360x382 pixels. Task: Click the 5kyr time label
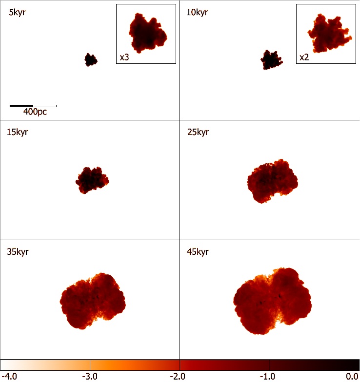click(x=17, y=12)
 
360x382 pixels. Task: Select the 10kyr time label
click(x=197, y=12)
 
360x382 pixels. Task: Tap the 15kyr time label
click(x=18, y=132)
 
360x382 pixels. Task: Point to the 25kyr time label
click(x=198, y=132)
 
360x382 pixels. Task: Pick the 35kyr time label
click(x=18, y=251)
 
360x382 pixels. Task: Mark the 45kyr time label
click(x=198, y=251)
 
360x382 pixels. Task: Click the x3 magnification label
click(x=124, y=57)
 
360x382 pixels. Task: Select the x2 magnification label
click(x=304, y=57)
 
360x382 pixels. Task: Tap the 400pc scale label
click(x=35, y=112)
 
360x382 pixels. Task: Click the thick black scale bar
click(x=21, y=106)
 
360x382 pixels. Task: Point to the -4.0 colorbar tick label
click(x=9, y=377)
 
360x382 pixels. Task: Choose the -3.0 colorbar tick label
click(x=90, y=377)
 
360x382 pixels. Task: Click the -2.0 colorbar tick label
click(x=178, y=377)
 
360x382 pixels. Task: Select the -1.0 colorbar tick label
click(x=267, y=377)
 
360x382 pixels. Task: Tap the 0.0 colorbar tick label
click(x=352, y=377)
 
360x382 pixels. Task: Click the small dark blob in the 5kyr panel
click(x=91, y=59)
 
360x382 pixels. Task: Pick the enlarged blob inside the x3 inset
click(x=148, y=33)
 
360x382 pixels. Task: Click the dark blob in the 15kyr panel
click(x=92, y=180)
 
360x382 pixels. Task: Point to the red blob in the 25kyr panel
click(x=272, y=181)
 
